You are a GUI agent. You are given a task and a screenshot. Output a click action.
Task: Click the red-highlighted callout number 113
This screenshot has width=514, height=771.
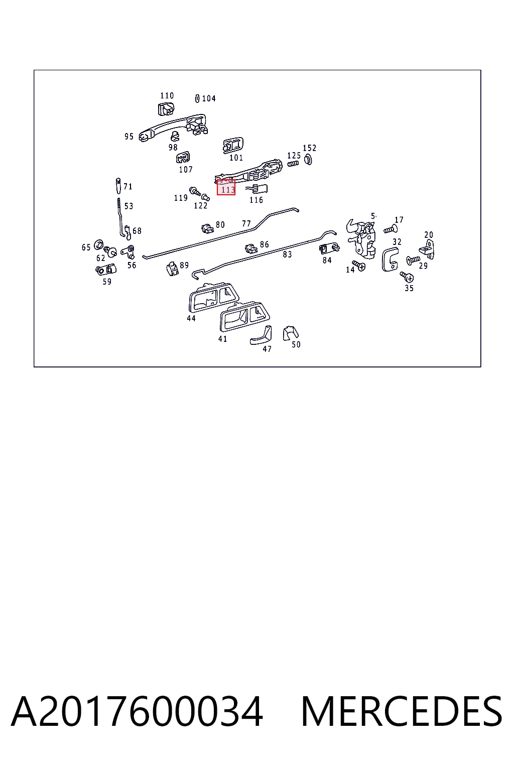228,190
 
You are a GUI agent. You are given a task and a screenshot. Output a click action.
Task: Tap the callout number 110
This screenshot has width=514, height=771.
167,96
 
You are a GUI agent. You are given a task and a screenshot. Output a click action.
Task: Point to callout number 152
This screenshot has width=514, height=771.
309,148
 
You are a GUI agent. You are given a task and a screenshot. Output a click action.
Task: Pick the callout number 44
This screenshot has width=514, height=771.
191,318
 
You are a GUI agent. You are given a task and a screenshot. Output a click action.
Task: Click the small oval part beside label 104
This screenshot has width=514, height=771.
197,98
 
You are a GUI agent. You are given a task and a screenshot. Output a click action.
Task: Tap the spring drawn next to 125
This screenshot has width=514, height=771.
293,164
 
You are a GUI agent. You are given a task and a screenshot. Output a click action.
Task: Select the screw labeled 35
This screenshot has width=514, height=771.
407,277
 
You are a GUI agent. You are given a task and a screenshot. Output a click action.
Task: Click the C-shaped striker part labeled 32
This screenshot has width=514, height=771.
390,260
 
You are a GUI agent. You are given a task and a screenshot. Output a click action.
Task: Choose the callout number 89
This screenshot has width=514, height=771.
184,265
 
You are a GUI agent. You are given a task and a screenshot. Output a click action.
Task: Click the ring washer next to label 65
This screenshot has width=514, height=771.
98,244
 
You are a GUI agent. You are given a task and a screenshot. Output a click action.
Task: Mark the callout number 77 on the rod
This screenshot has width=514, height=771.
246,224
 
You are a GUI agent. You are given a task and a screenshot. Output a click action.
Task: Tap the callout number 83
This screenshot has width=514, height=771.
287,254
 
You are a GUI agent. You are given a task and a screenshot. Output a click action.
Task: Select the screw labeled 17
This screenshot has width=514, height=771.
391,229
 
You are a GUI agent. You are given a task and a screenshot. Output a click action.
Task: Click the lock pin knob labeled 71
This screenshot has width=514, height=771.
118,186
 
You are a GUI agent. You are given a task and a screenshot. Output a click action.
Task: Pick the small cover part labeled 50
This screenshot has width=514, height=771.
290,333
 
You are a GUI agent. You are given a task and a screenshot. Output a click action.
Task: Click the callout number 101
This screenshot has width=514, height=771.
236,158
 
